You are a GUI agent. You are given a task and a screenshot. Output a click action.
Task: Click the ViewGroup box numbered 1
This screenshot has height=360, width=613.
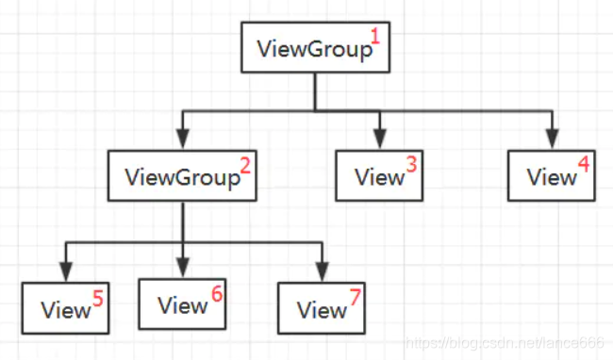(x=315, y=47)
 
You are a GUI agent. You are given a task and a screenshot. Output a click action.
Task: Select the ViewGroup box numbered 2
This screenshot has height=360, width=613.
(x=183, y=174)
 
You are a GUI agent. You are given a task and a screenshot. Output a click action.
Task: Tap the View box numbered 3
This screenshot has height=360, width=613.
(x=379, y=174)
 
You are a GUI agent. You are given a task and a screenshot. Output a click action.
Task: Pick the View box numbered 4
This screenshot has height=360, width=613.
(x=552, y=174)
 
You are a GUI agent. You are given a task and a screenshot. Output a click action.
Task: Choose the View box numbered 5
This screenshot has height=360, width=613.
(x=66, y=307)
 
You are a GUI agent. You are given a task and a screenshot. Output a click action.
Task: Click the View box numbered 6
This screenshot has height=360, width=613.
(x=182, y=303)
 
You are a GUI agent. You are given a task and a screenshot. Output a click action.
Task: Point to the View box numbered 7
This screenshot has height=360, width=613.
(x=322, y=306)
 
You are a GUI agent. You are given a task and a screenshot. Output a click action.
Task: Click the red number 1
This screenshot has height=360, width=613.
(x=374, y=38)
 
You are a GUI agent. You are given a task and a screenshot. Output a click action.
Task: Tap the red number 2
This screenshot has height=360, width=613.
(x=245, y=166)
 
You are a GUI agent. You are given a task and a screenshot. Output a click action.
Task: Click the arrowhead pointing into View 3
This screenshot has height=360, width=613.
(x=379, y=141)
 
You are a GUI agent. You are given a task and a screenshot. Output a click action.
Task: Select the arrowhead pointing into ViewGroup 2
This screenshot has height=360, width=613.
(x=183, y=141)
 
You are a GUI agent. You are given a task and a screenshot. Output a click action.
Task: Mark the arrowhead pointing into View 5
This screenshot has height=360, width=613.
(x=66, y=273)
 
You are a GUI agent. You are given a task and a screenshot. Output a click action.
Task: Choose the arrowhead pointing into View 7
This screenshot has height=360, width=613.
(x=322, y=273)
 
